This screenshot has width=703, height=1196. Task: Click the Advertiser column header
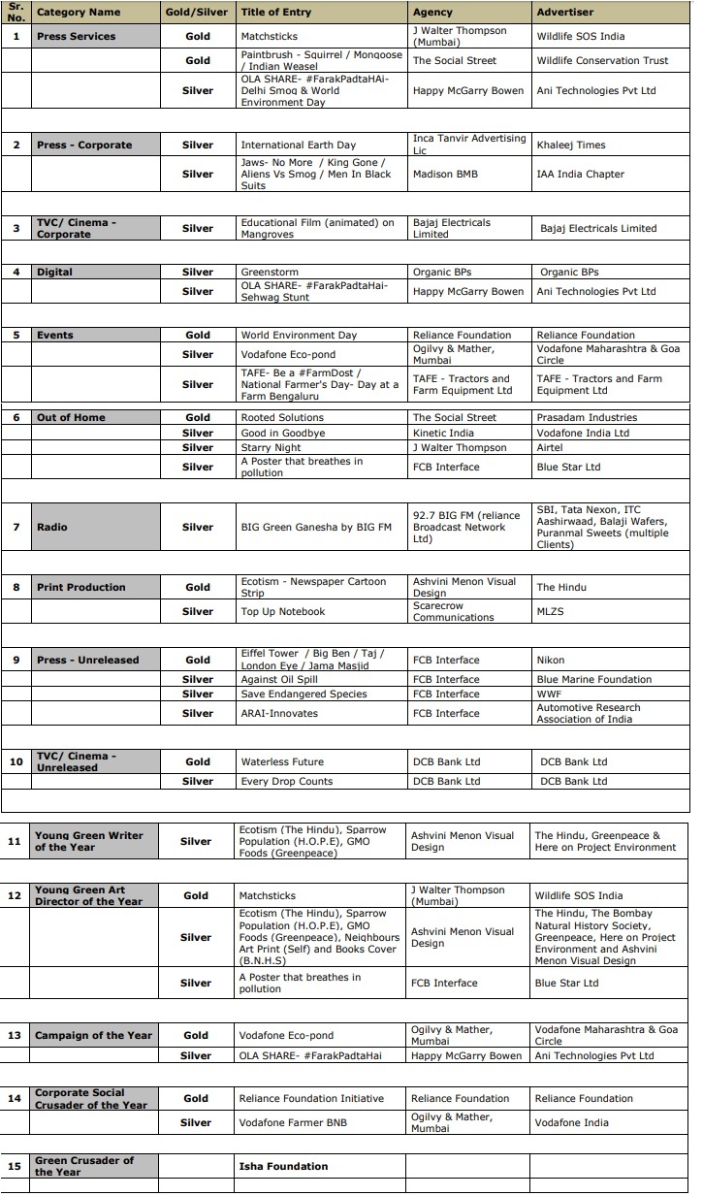tap(564, 13)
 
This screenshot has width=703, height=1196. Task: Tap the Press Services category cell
tap(76, 36)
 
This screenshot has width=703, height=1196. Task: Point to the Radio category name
tap(51, 527)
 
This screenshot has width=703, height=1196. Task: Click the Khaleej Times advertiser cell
tap(570, 145)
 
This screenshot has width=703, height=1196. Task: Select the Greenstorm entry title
tap(270, 273)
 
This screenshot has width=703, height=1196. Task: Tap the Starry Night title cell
tap(272, 447)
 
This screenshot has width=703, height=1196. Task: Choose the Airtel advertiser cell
tap(551, 447)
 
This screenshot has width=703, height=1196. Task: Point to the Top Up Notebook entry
tap(282, 611)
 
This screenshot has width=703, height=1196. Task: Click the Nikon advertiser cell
tap(550, 660)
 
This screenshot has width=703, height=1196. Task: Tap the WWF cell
tap(549, 694)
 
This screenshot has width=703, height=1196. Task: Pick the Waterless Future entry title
tap(281, 761)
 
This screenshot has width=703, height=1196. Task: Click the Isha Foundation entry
tap(283, 1166)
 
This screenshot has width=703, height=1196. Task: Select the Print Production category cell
tap(81, 587)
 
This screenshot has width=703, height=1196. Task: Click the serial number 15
tap(15, 1166)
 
